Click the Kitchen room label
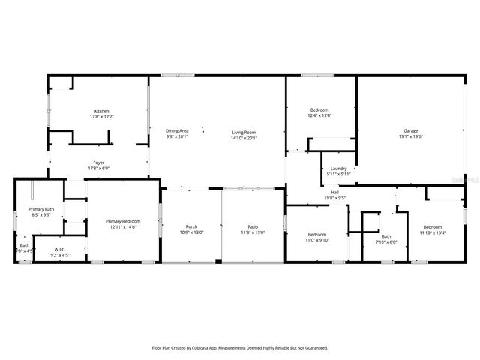(x=101, y=111)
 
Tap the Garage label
(x=409, y=131)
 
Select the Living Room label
(x=244, y=132)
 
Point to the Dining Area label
(x=177, y=131)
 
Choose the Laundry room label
(x=338, y=169)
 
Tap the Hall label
(x=335, y=193)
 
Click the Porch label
(x=191, y=226)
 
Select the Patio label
(x=253, y=226)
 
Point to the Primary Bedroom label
(x=123, y=221)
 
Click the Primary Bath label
(x=40, y=209)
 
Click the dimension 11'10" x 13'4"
(x=433, y=233)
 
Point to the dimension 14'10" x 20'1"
(x=244, y=138)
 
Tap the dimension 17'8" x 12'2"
(x=101, y=117)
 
